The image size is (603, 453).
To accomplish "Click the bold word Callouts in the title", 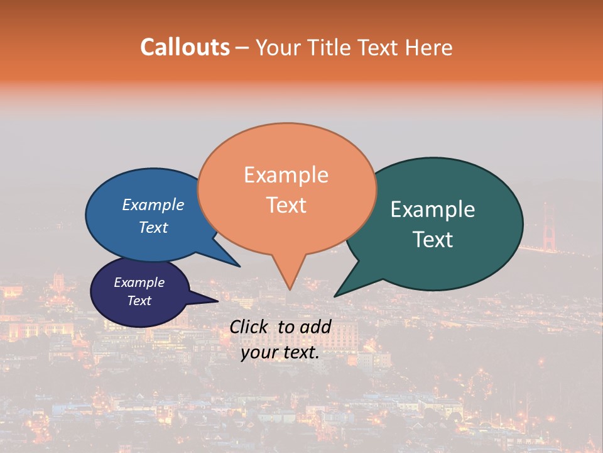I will tap(185, 47).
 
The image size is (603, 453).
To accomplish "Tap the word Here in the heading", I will tap(428, 47).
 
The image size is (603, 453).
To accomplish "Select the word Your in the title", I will tap(280, 47).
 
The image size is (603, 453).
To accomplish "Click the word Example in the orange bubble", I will tap(286, 175).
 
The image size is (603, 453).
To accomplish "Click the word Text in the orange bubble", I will tap(286, 205).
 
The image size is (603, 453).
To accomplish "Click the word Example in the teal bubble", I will tap(433, 210).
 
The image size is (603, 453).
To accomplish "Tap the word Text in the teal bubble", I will tap(433, 240).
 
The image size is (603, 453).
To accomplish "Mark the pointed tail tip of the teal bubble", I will tap(335, 296).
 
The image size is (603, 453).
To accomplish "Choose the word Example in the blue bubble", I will tap(153, 204).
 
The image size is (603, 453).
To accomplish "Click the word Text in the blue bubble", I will tap(153, 227).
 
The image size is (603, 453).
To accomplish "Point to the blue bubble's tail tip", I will tap(239, 266).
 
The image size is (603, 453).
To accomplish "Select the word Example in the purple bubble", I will tap(139, 282).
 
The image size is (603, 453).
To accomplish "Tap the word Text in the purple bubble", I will tap(139, 301).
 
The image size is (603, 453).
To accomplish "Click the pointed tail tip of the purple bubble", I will tap(217, 301).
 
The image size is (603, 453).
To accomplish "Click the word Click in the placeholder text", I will tap(249, 327).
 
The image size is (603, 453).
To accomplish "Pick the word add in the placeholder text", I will tap(315, 327).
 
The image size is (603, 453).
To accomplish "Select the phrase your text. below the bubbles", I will tap(280, 352).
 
